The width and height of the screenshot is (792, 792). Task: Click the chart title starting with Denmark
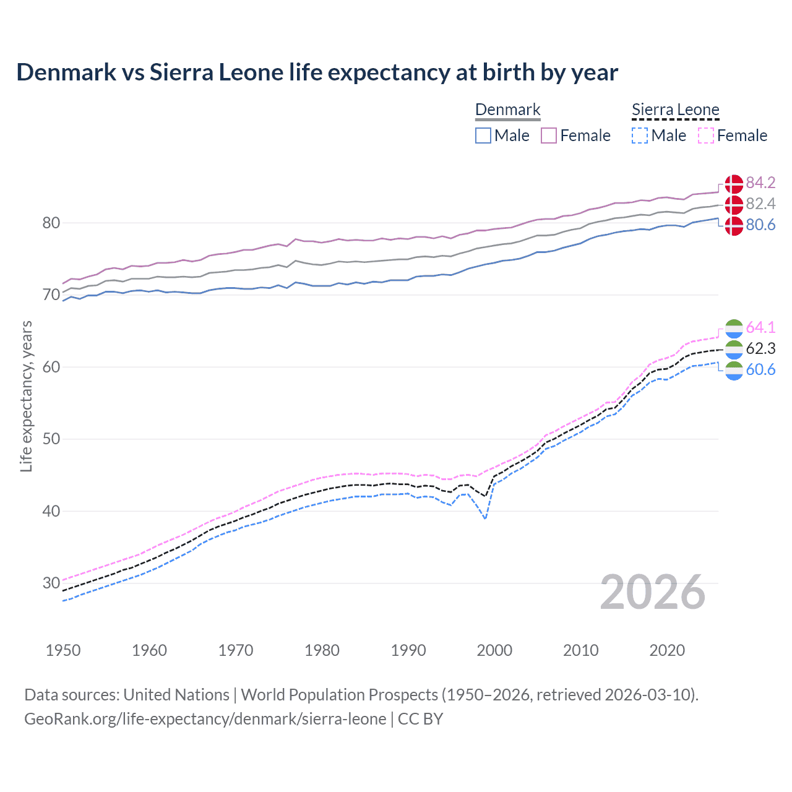point(317,72)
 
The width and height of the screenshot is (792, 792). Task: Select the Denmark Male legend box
point(483,136)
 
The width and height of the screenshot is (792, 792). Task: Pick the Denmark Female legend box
point(549,136)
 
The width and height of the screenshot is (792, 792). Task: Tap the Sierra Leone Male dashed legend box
point(640,136)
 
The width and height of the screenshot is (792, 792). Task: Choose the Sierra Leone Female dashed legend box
point(706,136)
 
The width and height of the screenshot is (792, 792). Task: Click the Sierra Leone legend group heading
point(675,110)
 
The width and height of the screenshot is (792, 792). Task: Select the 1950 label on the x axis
point(63,650)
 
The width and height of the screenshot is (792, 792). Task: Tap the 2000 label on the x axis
point(494,650)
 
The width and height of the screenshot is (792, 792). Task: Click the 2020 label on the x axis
point(667,650)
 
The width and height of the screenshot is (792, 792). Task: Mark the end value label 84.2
point(760,183)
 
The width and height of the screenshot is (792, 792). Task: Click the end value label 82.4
point(760,204)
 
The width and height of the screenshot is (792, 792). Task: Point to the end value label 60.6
point(760,369)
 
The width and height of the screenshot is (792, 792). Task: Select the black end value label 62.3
point(760,348)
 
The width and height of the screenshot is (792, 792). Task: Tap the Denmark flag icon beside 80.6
point(734,225)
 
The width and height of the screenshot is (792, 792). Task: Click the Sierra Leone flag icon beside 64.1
point(734,328)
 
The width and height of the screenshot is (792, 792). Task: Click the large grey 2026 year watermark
point(653,592)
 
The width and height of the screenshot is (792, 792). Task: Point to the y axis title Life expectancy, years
point(26,396)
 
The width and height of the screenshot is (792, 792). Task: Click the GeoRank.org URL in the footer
point(205,719)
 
